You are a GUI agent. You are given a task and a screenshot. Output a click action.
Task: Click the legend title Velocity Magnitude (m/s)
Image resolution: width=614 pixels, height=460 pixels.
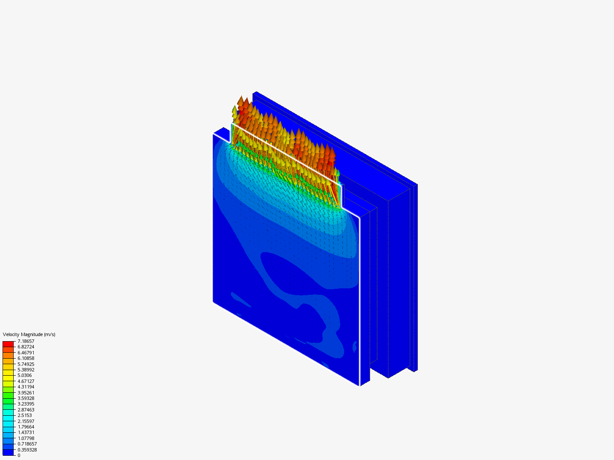click(x=29, y=334)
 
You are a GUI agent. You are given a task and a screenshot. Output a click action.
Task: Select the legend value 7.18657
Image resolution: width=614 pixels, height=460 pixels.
click(x=26, y=341)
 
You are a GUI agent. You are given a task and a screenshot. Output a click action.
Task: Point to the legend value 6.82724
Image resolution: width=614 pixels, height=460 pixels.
click(x=26, y=347)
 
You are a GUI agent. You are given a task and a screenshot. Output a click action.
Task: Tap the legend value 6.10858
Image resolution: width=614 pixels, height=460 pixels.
click(x=26, y=358)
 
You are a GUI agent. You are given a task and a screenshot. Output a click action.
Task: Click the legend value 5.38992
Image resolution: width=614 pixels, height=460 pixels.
click(x=26, y=370)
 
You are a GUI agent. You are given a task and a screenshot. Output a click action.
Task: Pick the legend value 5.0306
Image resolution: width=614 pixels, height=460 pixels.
click(x=25, y=375)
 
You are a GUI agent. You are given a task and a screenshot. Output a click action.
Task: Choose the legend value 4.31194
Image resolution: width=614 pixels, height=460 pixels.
click(x=26, y=387)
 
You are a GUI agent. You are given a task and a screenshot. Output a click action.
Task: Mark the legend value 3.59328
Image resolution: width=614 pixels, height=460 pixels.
click(x=26, y=398)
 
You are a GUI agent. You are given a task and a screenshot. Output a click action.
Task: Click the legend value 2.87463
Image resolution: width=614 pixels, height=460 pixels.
click(x=26, y=409)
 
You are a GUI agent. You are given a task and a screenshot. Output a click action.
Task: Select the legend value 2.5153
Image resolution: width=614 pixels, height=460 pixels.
click(x=25, y=415)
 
